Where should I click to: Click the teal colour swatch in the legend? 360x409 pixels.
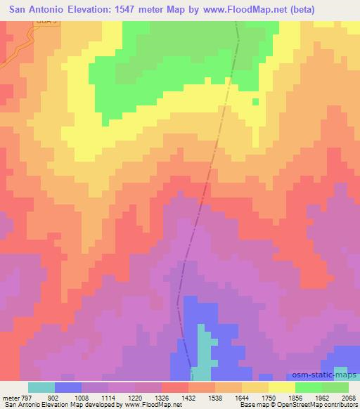click(x=41, y=387)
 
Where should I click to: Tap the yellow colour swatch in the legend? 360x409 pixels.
click(x=281, y=387)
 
